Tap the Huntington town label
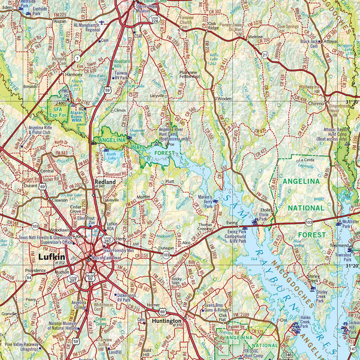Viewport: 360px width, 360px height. [x=167, y=322]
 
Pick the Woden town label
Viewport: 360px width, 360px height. [x=224, y=98]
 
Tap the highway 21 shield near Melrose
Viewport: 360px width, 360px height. [x=265, y=55]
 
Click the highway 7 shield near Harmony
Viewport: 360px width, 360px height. [x=78, y=58]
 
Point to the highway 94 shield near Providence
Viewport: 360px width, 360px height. [x=29, y=278]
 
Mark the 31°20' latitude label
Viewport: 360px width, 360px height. [x=350, y=265]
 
